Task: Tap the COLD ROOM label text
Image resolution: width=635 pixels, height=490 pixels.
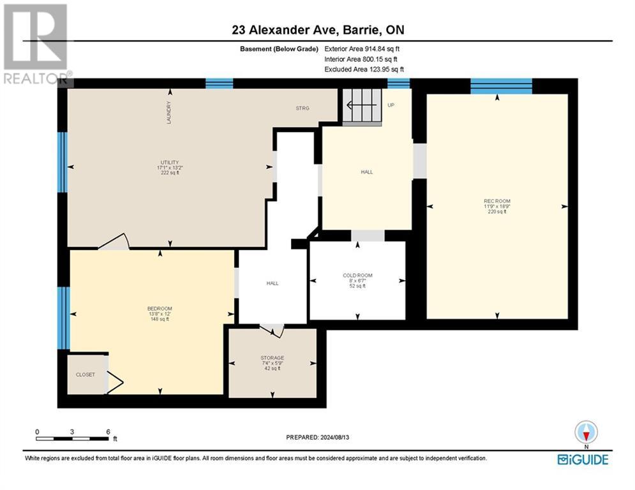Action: [357, 276]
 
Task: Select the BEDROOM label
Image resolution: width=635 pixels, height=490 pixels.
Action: [160, 309]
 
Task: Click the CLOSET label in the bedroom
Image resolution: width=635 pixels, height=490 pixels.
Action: [85, 375]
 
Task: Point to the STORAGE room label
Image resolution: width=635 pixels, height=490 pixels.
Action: [272, 358]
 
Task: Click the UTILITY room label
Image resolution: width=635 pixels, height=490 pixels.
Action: [169, 162]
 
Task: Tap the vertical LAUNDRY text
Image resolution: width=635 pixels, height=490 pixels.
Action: [169, 112]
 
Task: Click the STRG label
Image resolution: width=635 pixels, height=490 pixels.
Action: [303, 108]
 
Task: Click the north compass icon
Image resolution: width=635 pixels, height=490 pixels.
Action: [585, 432]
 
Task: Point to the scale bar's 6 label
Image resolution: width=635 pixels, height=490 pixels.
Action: [108, 431]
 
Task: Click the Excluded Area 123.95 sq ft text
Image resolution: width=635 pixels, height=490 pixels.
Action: [364, 69]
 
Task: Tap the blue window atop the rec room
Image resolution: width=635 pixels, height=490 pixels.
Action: [501, 86]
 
